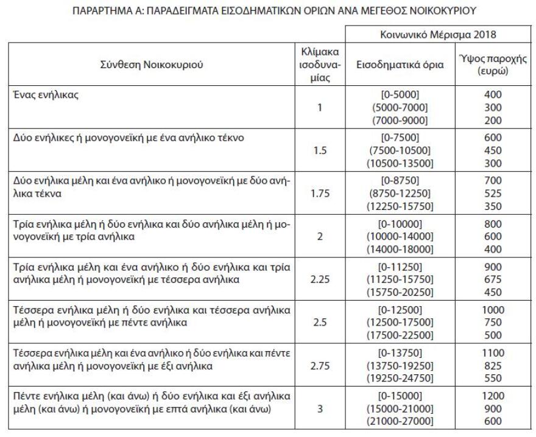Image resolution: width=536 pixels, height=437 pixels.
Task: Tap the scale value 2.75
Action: (x=320, y=366)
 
